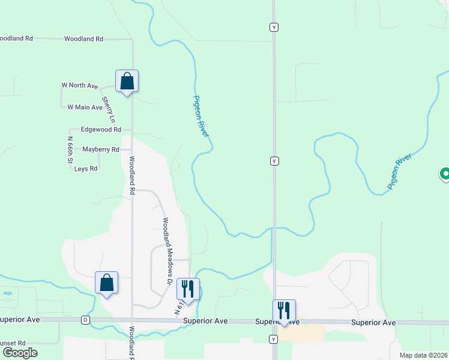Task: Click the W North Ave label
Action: [79, 86]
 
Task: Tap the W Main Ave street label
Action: [85, 107]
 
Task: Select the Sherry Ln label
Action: [108, 110]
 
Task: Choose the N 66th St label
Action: [70, 151]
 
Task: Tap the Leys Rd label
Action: [86, 169]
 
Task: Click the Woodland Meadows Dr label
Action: [167, 251]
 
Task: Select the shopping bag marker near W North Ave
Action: [127, 81]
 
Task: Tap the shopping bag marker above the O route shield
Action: [106, 283]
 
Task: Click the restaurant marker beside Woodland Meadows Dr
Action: [188, 289]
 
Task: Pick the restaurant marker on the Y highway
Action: [284, 311]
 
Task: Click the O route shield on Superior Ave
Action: [85, 320]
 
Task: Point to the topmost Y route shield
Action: [274, 27]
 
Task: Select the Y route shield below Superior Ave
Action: [274, 340]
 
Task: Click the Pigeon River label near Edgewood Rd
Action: [202, 116]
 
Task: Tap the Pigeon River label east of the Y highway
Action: [400, 172]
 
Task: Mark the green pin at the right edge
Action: [445, 175]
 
